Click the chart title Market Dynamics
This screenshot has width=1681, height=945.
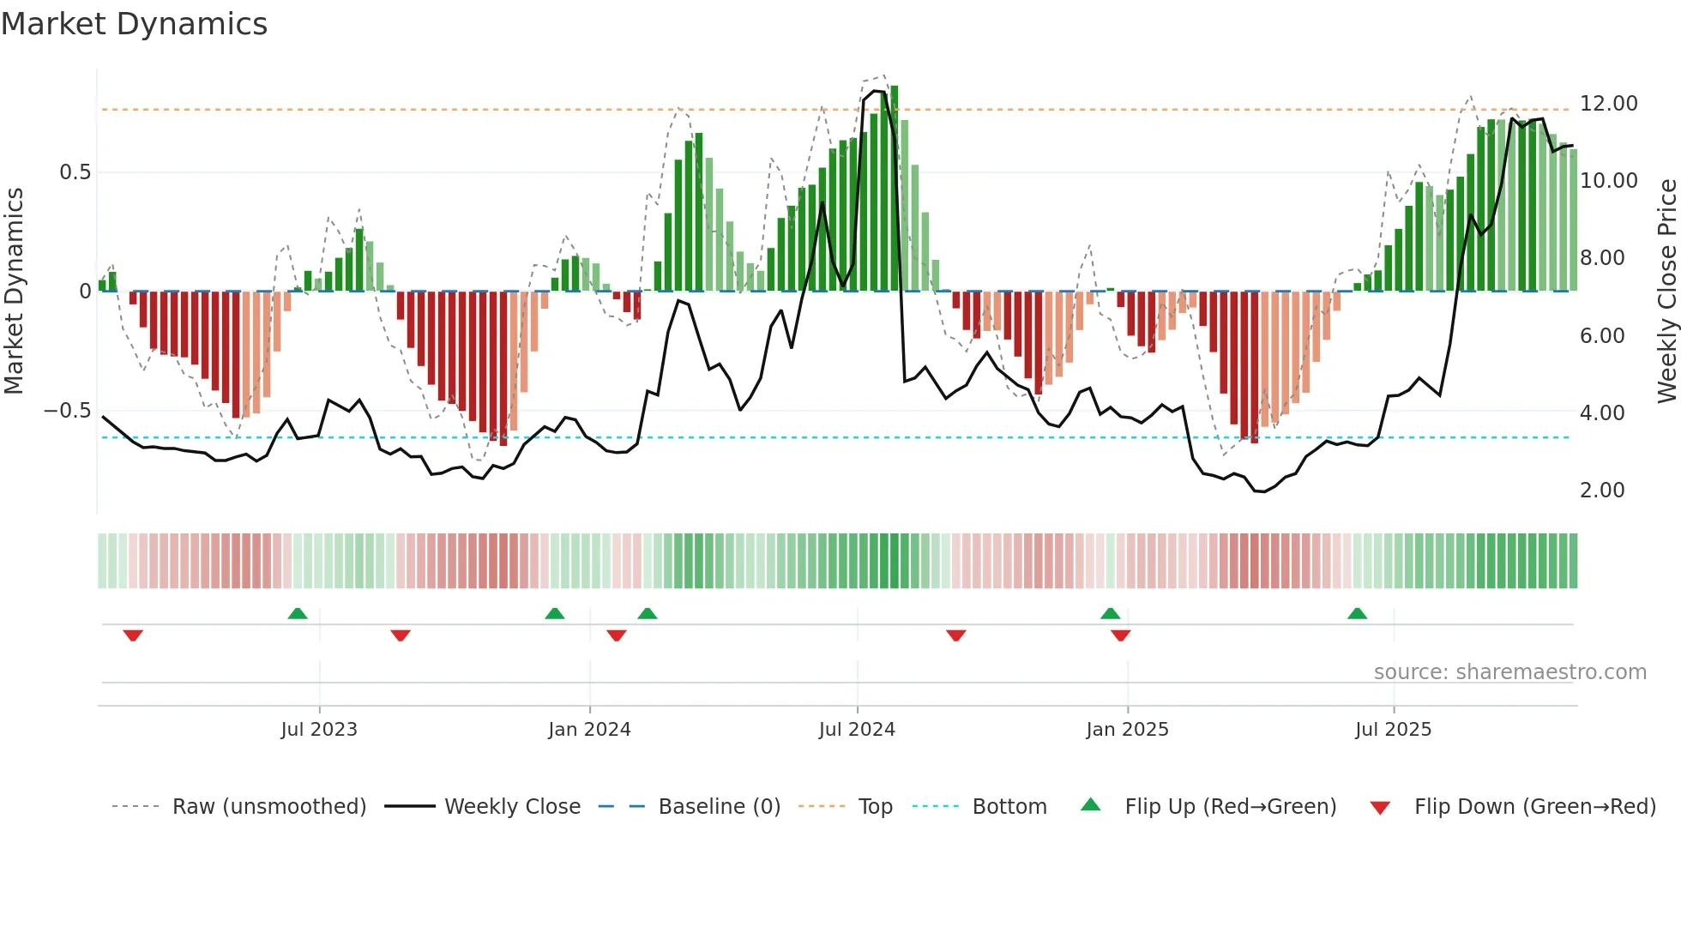click(135, 24)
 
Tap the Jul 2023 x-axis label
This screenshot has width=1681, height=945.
click(319, 730)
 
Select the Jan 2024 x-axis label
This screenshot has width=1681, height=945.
click(589, 730)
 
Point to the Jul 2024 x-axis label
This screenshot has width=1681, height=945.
click(857, 730)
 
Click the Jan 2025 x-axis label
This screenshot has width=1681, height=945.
click(1127, 730)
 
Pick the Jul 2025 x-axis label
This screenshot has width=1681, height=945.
click(1394, 730)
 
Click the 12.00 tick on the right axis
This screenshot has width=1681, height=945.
click(1608, 104)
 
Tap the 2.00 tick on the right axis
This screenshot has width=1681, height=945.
click(1602, 491)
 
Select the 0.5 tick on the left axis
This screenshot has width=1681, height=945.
click(75, 172)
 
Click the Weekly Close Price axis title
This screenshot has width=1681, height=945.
click(1666, 292)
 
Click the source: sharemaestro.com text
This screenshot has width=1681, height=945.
click(1509, 672)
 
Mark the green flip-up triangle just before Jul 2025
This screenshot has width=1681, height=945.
click(1357, 614)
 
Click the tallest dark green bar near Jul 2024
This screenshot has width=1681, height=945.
click(895, 189)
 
